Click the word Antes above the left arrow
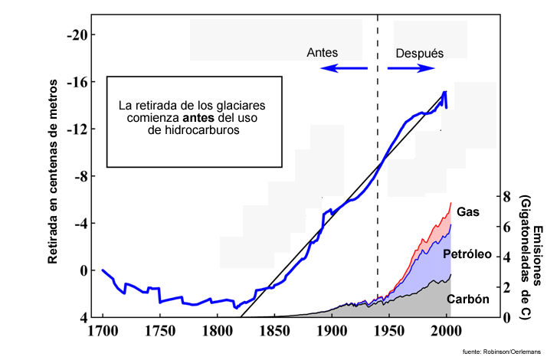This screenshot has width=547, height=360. [323, 53]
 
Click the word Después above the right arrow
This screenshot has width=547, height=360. [420, 53]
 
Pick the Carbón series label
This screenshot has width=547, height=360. [467, 299]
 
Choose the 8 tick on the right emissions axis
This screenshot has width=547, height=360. [506, 196]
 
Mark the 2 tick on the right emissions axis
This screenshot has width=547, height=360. [506, 287]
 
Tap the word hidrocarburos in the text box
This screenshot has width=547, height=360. [194, 131]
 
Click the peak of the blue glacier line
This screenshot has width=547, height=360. [445, 92]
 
